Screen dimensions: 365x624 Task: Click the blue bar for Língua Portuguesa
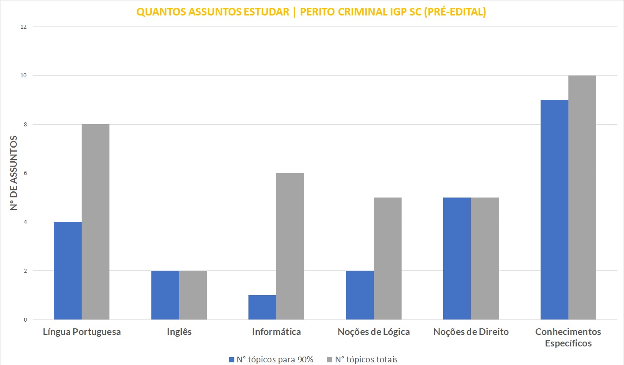click(68, 270)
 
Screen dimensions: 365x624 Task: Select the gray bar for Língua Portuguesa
click(95, 222)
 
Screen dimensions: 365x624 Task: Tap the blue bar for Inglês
click(165, 295)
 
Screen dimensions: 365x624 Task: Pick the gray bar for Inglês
click(193, 295)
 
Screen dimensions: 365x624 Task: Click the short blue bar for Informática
click(262, 307)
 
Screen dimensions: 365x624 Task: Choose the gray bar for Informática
click(290, 246)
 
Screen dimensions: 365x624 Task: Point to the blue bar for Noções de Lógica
click(360, 295)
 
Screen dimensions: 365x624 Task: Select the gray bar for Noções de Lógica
click(387, 259)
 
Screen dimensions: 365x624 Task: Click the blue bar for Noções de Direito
click(457, 259)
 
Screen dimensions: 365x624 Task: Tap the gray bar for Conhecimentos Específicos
click(582, 198)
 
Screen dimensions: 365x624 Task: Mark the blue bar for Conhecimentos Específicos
click(554, 209)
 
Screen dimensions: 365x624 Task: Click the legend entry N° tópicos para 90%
click(271, 359)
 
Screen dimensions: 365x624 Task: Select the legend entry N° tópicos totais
click(362, 359)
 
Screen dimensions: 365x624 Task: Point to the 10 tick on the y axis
click(23, 76)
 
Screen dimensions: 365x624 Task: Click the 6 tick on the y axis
click(25, 173)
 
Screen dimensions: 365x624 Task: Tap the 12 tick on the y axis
click(23, 27)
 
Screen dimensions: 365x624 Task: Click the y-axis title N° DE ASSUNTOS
click(15, 173)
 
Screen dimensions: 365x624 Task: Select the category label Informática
click(276, 332)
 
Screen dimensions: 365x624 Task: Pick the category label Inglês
click(179, 332)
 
